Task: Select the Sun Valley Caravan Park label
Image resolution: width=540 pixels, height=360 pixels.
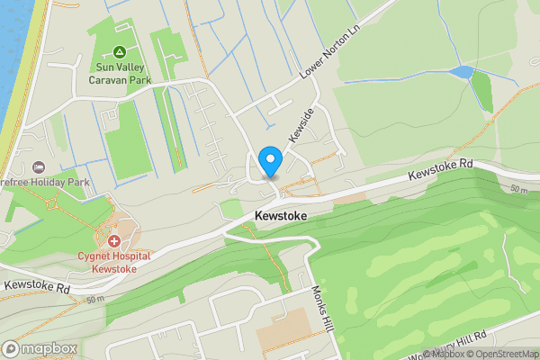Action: (120, 73)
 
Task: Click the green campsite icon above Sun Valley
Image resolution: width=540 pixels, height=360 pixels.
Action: (119, 53)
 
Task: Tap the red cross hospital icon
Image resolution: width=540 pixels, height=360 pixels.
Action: (114, 241)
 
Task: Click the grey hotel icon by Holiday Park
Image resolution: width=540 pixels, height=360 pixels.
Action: (38, 168)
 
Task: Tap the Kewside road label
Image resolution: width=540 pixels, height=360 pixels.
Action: (301, 124)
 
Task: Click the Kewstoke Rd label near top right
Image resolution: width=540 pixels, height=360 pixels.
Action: (439, 169)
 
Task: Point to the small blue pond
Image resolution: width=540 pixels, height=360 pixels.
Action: (461, 72)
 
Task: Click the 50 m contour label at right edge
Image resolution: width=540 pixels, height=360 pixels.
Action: (518, 190)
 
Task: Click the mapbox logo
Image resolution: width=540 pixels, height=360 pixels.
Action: (40, 348)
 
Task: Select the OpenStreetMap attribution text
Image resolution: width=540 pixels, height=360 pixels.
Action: (500, 354)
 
